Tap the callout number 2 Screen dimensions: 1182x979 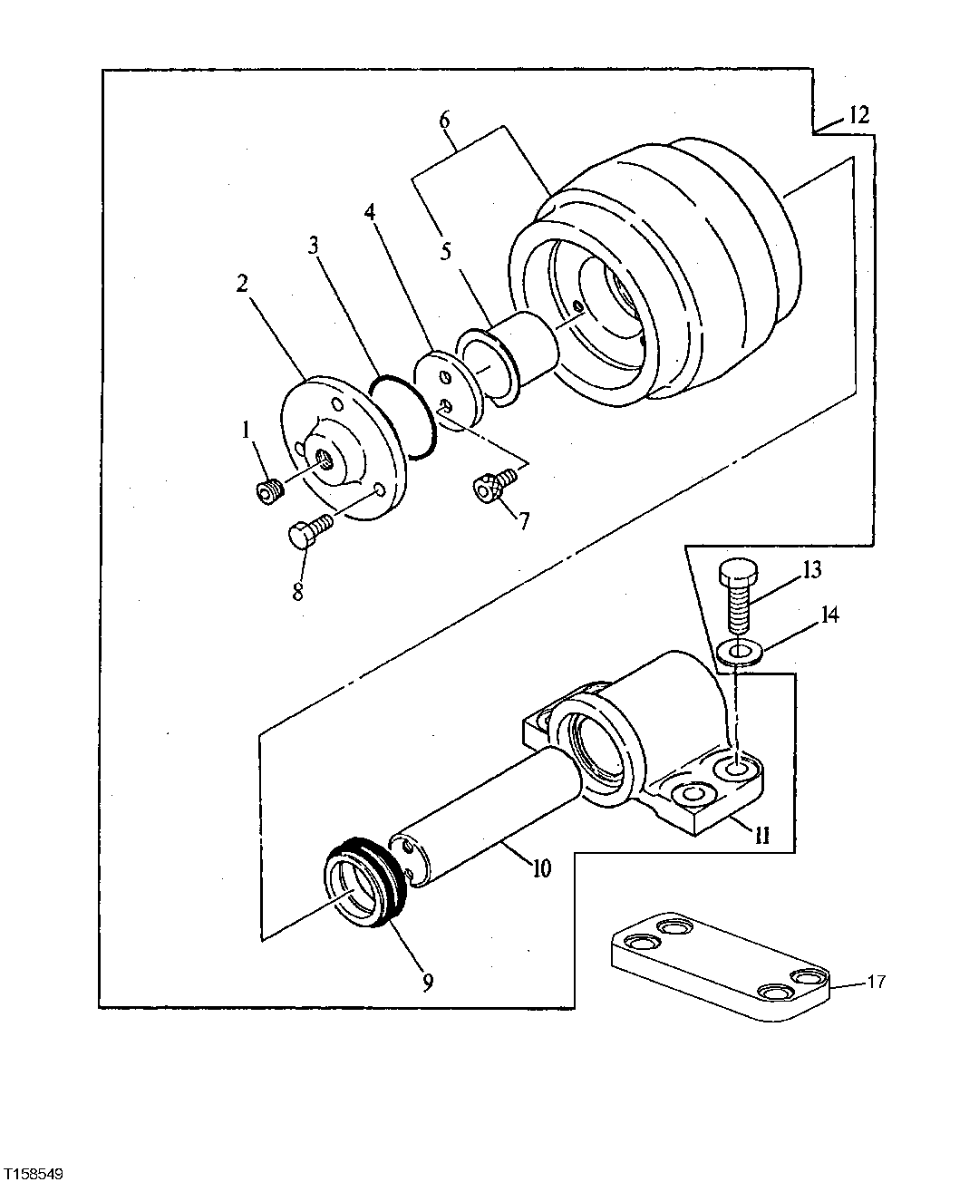pos(242,283)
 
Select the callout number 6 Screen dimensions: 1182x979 pos(444,120)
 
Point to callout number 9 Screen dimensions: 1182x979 pos(427,980)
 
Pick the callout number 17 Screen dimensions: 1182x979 pos(877,981)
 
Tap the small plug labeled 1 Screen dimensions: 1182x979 pos(268,491)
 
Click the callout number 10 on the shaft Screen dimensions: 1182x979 pos(540,867)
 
